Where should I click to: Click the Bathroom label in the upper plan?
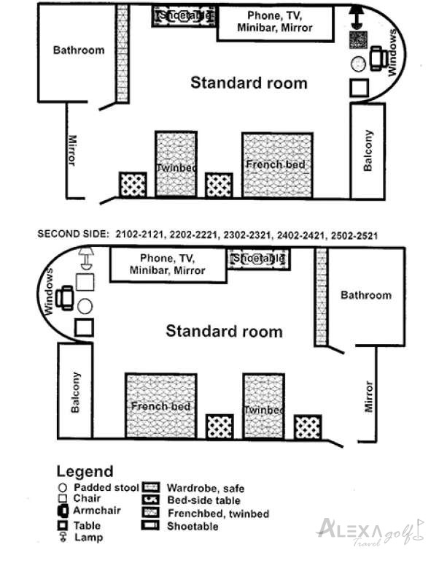(79, 50)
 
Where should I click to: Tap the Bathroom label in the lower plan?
(366, 295)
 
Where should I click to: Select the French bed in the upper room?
(277, 164)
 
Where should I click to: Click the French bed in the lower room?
(160, 406)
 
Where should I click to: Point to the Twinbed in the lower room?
(263, 406)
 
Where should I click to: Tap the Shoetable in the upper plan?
(184, 15)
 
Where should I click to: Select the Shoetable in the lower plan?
(257, 259)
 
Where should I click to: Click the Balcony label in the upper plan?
(368, 150)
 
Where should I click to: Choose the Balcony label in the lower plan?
(75, 393)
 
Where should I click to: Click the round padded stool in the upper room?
(358, 64)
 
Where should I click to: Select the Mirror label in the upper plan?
(71, 150)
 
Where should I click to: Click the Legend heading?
(85, 471)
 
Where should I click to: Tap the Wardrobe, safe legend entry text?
(206, 488)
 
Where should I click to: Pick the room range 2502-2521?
(357, 235)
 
